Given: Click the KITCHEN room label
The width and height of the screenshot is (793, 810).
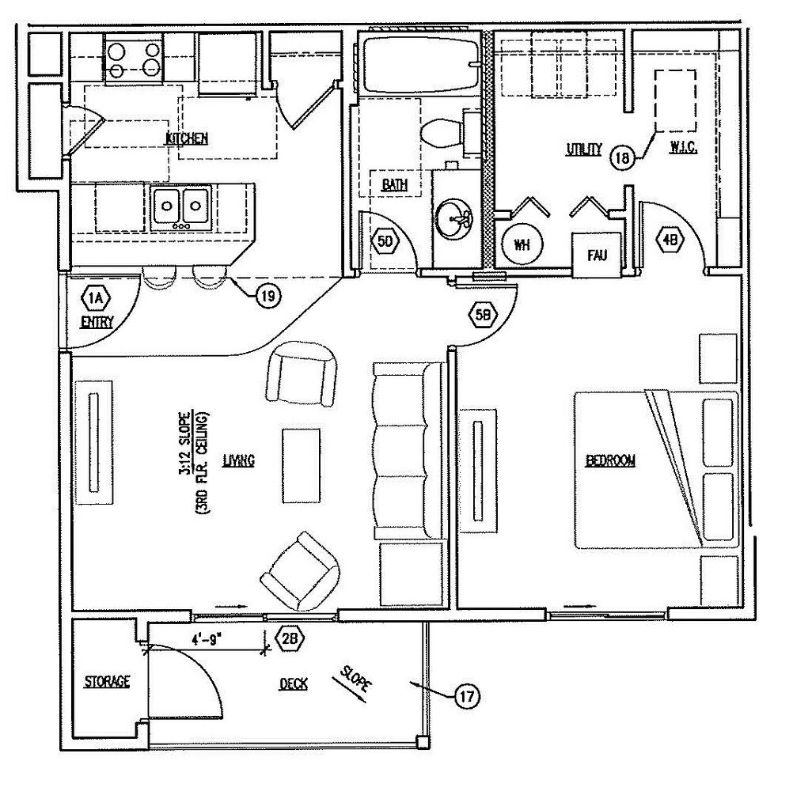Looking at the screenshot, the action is (187, 139).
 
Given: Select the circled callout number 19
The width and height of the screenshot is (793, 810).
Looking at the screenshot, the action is (268, 296).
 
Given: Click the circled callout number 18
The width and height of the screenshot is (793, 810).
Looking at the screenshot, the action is (623, 157).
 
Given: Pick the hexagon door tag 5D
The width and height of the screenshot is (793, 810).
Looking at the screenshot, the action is (385, 242).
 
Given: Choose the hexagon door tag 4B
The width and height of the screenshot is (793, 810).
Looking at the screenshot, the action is (670, 241).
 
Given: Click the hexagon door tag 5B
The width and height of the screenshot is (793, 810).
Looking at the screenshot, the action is (483, 316).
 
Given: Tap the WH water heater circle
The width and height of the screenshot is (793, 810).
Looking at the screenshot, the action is (521, 244).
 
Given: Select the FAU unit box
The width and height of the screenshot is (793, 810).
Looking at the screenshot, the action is (595, 254).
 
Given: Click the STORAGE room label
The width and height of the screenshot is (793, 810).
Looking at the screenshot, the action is (108, 681).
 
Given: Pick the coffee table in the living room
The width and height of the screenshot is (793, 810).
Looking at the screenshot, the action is (302, 465).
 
